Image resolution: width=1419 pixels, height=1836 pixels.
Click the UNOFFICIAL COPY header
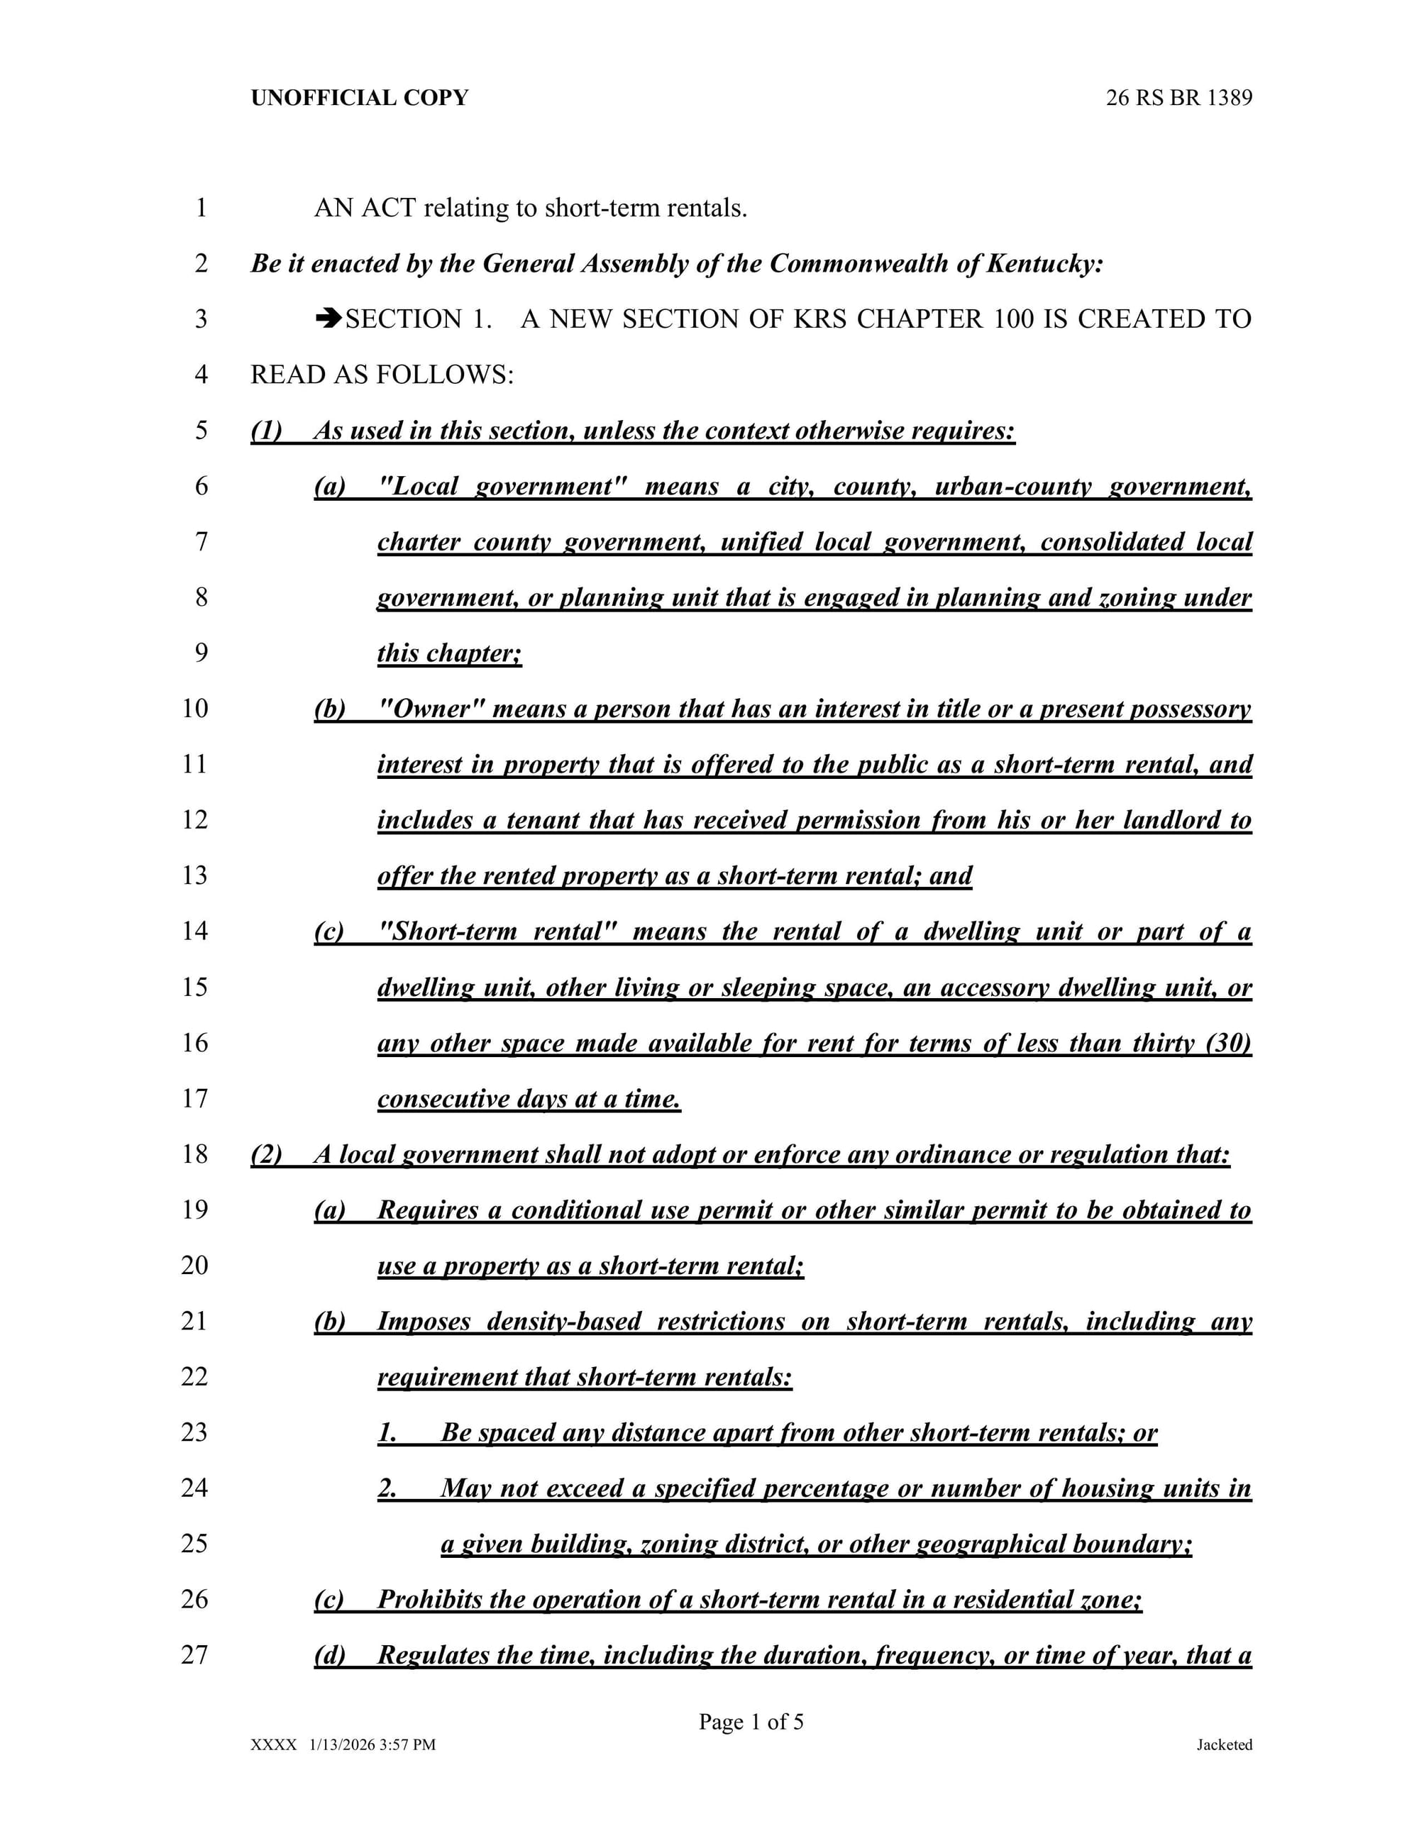(360, 99)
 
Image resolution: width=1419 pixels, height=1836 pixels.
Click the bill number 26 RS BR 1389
(1178, 99)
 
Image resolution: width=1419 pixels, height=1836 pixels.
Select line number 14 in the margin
(194, 931)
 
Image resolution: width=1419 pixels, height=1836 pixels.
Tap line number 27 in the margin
(194, 1654)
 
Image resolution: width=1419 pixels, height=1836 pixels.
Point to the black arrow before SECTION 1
(328, 319)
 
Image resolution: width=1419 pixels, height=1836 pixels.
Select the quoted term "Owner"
(432, 709)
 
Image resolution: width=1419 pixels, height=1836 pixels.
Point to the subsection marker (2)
(267, 1154)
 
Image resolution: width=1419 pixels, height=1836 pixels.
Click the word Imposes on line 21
(424, 1322)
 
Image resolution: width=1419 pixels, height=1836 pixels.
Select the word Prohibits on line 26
(429, 1599)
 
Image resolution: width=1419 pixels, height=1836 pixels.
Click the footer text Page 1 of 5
(751, 1722)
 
